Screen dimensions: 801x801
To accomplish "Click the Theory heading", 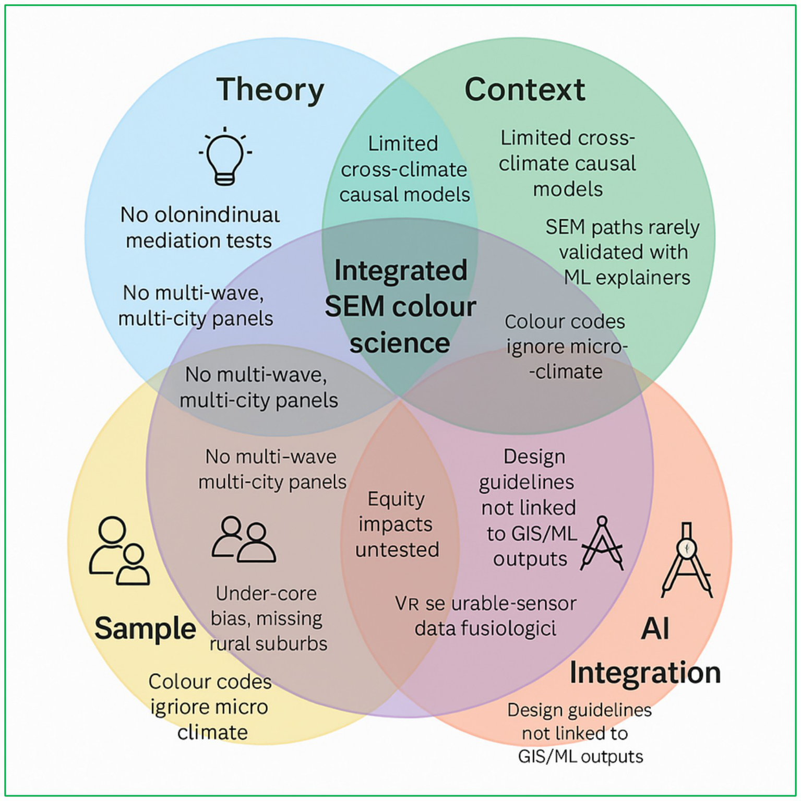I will (x=270, y=90).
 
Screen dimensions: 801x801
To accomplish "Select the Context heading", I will (x=524, y=90).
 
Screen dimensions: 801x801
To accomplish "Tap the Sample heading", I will (x=145, y=628).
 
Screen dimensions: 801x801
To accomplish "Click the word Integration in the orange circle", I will (x=645, y=673).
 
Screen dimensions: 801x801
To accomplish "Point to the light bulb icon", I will (x=225, y=157).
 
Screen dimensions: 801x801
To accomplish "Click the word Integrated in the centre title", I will (x=400, y=271).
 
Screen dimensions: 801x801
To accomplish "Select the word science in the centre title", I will (x=400, y=343).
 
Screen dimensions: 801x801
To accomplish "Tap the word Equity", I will (x=396, y=499).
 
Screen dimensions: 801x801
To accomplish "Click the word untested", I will (x=397, y=550).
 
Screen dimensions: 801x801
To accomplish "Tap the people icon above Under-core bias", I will (x=243, y=540).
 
